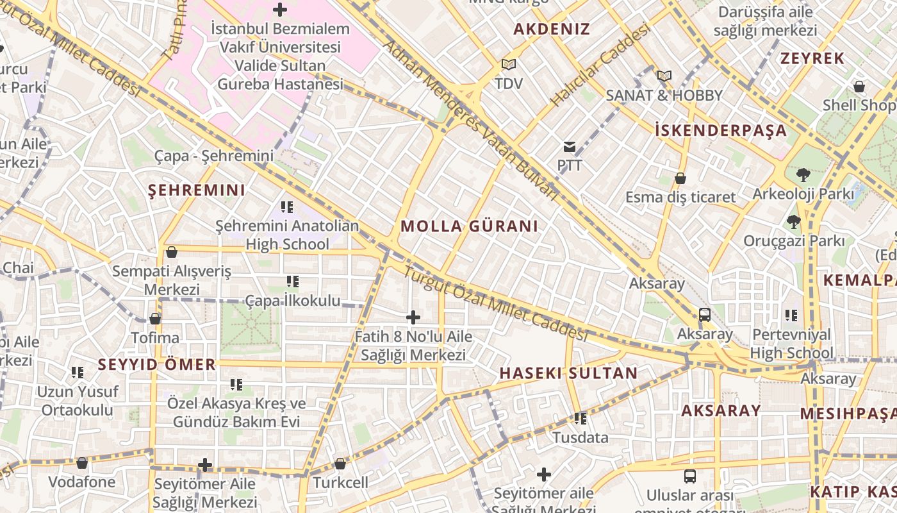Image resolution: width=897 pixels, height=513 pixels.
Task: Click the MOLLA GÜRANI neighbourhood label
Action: (469, 226)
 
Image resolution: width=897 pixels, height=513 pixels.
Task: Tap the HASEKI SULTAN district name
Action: (568, 373)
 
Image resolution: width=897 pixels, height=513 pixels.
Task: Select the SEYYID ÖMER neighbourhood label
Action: (157, 365)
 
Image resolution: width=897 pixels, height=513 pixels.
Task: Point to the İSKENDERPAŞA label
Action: (721, 130)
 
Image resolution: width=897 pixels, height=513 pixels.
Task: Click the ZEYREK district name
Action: (812, 58)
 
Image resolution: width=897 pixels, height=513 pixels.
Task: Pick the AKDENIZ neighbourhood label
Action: (552, 29)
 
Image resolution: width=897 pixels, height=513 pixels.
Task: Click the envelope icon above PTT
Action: (569, 147)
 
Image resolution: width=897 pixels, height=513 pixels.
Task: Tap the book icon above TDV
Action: (509, 65)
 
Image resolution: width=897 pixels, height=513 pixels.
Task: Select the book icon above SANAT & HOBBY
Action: (664, 76)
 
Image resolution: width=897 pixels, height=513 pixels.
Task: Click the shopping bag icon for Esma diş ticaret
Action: (680, 178)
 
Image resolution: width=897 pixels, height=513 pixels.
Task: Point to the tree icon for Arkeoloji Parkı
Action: (803, 174)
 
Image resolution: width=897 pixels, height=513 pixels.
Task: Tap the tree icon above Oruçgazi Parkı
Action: (794, 223)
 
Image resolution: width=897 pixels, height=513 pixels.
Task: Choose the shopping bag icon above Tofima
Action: (155, 319)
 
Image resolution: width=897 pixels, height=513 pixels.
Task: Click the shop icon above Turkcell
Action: (340, 464)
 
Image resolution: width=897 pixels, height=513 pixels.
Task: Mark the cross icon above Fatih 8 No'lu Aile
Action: (413, 317)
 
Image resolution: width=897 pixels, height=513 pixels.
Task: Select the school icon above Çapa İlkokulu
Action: (293, 282)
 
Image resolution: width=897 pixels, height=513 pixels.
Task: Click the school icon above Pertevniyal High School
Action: (791, 315)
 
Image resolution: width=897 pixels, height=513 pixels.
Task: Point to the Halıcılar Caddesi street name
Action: (600, 67)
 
